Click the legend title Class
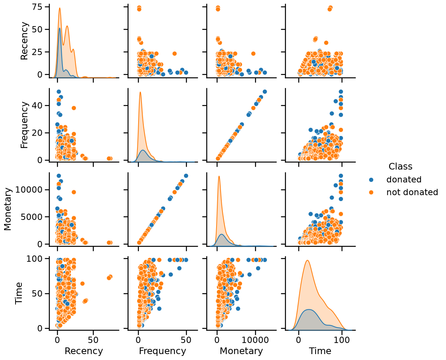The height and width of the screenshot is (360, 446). pyautogui.click(x=400, y=167)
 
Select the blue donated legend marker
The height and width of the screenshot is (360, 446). pyautogui.click(x=371, y=180)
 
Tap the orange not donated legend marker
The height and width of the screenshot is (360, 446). pyautogui.click(x=371, y=193)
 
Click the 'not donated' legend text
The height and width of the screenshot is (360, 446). pyautogui.click(x=412, y=192)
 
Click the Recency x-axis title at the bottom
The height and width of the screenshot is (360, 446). pyautogui.click(x=84, y=351)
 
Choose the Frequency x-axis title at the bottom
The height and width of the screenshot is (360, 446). pyautogui.click(x=163, y=351)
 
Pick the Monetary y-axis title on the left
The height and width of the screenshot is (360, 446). pyautogui.click(x=8, y=209)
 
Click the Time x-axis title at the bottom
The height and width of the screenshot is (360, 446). pyautogui.click(x=320, y=351)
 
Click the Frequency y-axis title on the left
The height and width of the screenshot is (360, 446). pyautogui.click(x=24, y=125)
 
